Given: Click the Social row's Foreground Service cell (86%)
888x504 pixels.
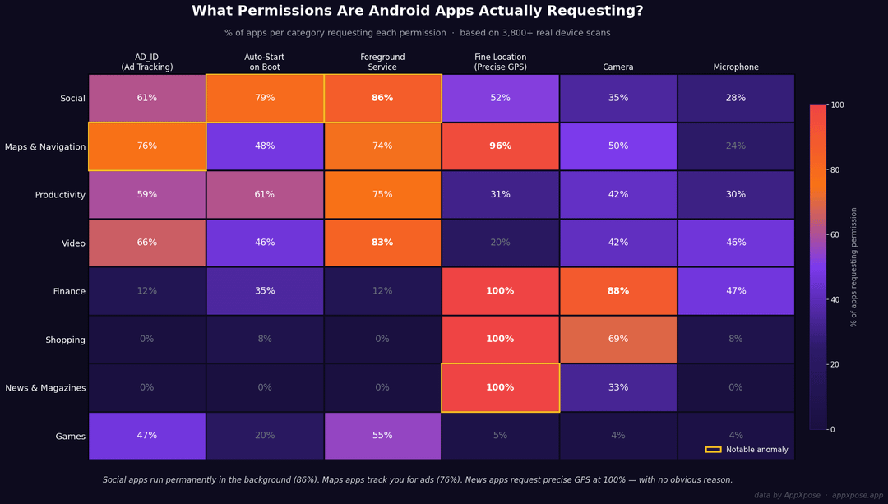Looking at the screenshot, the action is click(382, 98).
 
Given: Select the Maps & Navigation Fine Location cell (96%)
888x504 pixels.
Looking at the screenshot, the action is click(500, 146).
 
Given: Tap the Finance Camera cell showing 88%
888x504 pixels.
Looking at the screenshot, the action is click(617, 291).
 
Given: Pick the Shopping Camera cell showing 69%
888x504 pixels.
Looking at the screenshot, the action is click(617, 340).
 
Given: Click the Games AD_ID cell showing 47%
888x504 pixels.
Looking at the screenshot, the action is click(146, 436).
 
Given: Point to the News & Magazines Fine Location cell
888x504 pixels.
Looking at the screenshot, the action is click(500, 388).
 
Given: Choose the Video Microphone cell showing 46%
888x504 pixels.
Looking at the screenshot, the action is click(736, 243).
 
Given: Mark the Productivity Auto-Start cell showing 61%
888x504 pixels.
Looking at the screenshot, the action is click(265, 194).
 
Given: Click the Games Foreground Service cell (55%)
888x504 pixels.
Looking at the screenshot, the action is click(382, 436).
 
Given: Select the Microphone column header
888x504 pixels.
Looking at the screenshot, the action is click(736, 67).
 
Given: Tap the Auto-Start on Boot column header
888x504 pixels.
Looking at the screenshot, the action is click(265, 62).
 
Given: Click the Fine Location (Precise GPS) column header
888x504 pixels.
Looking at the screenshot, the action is click(500, 62).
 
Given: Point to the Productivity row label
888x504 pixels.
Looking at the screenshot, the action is click(60, 195).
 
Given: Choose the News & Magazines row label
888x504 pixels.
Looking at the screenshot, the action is click(45, 388).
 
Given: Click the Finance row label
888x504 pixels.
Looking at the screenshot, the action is click(69, 291).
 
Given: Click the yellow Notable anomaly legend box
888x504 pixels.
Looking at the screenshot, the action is click(713, 450).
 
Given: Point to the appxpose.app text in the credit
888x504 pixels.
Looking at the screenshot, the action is click(858, 496).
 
